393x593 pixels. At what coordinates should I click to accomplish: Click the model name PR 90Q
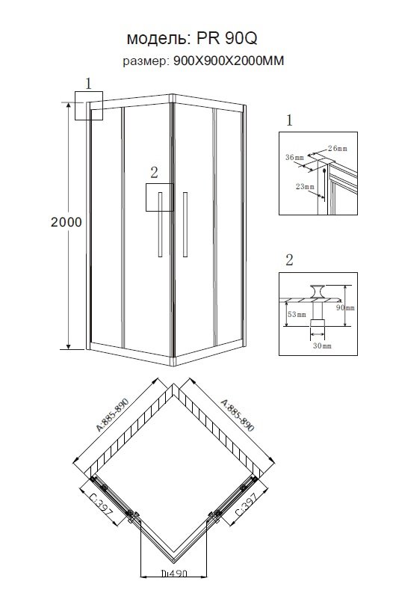coord(226,38)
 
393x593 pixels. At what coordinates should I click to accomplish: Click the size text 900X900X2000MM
coord(229,61)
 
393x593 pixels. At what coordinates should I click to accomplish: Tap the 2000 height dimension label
coord(66,222)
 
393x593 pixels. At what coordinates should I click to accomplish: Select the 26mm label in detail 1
coord(337,148)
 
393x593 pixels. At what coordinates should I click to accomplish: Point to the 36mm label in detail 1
coord(294,157)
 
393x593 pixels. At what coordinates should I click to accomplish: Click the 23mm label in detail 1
coord(305,186)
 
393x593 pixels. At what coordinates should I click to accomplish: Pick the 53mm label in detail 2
coord(297,314)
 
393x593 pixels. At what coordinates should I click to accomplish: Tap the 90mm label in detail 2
coord(345,307)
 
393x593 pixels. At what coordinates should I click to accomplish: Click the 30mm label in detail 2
coord(322,345)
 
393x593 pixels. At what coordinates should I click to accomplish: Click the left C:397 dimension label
coord(100,506)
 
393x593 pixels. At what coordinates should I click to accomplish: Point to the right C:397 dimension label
coord(246,505)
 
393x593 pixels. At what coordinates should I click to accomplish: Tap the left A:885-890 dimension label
coord(112,414)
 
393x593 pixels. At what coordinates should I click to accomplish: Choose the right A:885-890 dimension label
coord(238,415)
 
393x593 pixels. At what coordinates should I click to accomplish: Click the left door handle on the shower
coord(160,224)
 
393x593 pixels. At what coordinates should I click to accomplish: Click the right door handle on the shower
coord(185,224)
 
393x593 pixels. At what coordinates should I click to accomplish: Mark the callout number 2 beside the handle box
coord(154,173)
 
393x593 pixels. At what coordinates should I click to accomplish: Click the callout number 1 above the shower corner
coord(88,84)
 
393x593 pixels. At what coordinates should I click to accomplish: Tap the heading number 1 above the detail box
coord(289,120)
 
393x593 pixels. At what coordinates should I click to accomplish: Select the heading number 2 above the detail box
coord(289,259)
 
